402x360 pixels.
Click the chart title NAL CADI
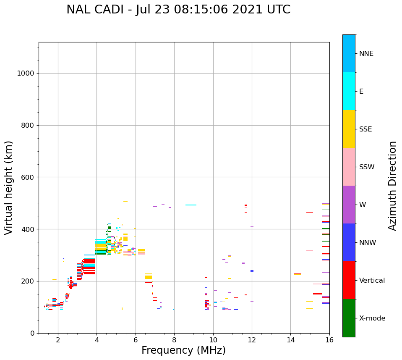(x=178, y=10)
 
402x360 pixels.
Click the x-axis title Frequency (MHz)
(x=183, y=350)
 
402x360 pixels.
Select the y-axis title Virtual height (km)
(x=9, y=187)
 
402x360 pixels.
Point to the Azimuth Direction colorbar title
(x=392, y=186)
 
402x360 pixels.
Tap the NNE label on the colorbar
(x=366, y=54)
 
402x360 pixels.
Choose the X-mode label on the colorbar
(x=372, y=318)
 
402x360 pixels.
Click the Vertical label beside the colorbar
(x=372, y=281)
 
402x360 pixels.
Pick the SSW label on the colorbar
(x=367, y=167)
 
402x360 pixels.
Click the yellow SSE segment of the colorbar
(x=349, y=129)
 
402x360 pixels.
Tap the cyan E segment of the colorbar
(x=349, y=91)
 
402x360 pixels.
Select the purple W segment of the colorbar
(x=349, y=204)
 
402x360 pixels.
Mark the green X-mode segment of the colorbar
(x=349, y=318)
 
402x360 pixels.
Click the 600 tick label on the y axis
(x=28, y=177)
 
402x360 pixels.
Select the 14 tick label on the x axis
(x=290, y=339)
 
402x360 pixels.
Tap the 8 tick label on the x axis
(x=174, y=339)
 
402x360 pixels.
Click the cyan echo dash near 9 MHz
(x=191, y=205)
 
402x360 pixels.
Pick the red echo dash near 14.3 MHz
(x=297, y=274)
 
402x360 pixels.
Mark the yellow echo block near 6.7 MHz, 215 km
(x=148, y=276)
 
